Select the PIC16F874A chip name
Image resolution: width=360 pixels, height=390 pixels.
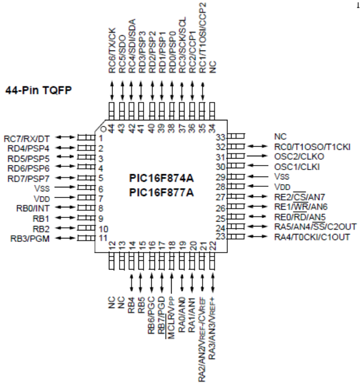[x=161, y=176]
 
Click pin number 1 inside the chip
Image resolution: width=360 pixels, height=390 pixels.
[x=101, y=138]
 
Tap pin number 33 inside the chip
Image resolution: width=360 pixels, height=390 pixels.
[x=221, y=137]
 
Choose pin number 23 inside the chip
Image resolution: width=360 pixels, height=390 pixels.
[x=221, y=236]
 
